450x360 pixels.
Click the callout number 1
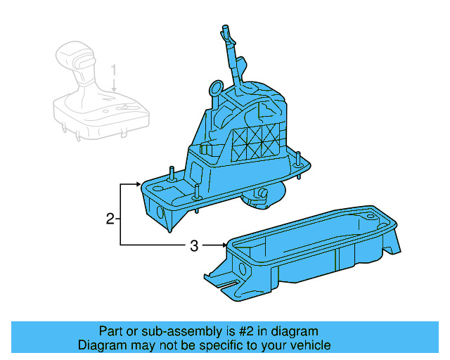coord(113,70)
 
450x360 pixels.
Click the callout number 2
coord(110,219)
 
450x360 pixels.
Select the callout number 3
coord(194,245)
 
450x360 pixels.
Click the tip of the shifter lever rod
coord(226,30)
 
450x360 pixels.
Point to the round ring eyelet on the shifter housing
coord(217,89)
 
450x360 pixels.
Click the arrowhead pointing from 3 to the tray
coord(224,245)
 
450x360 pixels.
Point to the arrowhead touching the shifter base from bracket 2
coord(139,184)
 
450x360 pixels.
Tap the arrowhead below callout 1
coord(113,91)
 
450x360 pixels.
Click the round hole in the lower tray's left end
coord(243,269)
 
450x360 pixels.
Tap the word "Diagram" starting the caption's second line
coord(101,345)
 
